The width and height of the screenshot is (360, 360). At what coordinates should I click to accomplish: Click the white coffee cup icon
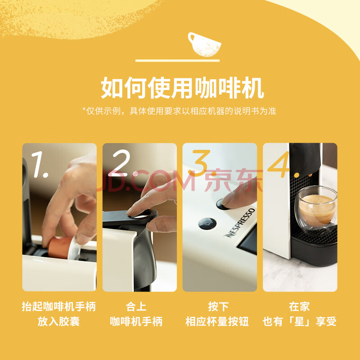pyautogui.click(x=204, y=45)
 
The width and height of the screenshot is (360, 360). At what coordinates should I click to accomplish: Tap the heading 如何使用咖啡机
pyautogui.click(x=182, y=88)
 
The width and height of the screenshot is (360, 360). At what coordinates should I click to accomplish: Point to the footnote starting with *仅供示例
pyautogui.click(x=179, y=111)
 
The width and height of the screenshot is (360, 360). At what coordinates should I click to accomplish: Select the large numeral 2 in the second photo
pyautogui.click(x=121, y=163)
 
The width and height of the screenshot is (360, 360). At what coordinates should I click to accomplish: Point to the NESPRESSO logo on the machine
pyautogui.click(x=239, y=223)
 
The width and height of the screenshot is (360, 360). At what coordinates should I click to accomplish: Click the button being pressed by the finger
pyautogui.click(x=221, y=205)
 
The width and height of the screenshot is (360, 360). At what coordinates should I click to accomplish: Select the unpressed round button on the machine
pyautogui.click(x=207, y=224)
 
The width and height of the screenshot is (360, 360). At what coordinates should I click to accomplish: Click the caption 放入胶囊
pyautogui.click(x=59, y=321)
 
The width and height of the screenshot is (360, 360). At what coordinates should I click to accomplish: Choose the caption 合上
pyautogui.click(x=136, y=307)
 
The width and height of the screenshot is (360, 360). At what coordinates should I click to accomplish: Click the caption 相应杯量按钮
pyautogui.click(x=217, y=321)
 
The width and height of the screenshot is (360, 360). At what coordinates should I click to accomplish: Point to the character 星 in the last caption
pyautogui.click(x=299, y=321)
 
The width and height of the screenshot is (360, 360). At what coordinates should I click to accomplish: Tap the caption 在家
pyautogui.click(x=299, y=307)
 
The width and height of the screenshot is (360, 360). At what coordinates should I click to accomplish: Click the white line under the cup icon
pyautogui.click(x=177, y=61)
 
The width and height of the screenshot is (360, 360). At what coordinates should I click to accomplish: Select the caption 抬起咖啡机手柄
pyautogui.click(x=59, y=307)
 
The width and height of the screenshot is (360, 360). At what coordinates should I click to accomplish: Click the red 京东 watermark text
pyautogui.click(x=234, y=180)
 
